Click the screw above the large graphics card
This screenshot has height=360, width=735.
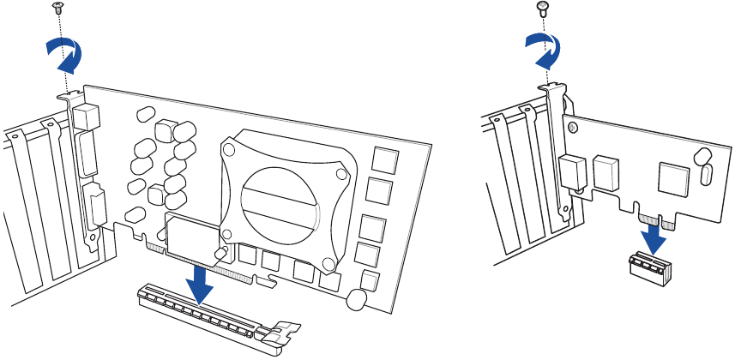tap(58, 8)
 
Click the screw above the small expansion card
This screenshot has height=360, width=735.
tap(542, 8)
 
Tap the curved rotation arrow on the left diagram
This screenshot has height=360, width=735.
tap(65, 58)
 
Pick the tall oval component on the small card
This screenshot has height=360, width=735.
tap(706, 175)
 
